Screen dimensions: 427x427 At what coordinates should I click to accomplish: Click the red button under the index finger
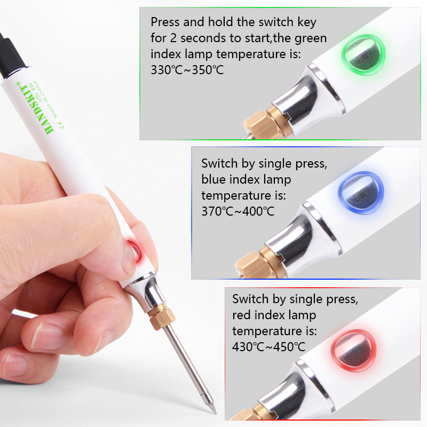pos(133,249)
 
